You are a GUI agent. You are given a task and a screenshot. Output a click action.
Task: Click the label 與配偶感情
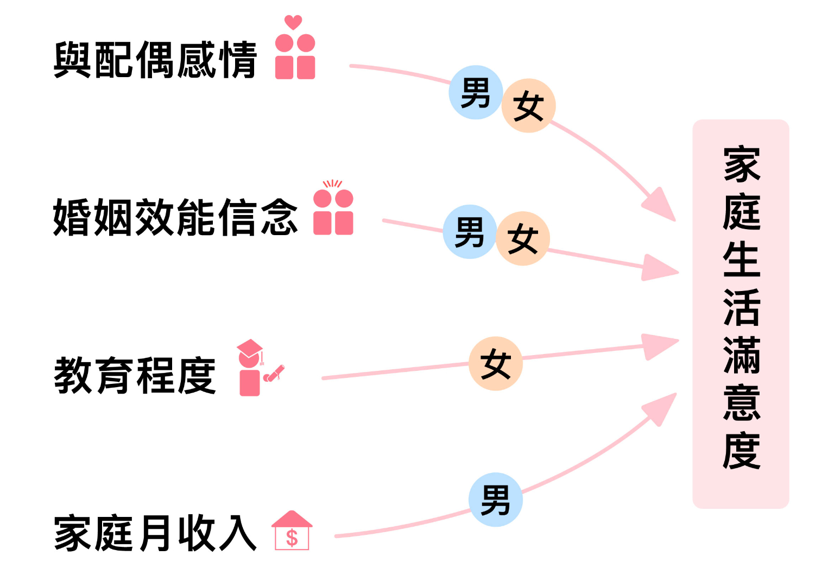155,60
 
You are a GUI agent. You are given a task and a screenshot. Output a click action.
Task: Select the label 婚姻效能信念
175,217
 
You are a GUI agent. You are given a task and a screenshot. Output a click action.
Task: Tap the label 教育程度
135,375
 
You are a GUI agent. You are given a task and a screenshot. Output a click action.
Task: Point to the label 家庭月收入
155,533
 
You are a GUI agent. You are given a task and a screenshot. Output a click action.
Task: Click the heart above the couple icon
293,22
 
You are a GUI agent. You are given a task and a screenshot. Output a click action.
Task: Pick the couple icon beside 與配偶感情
295,57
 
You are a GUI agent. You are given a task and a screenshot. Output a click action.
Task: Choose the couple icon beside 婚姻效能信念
333,212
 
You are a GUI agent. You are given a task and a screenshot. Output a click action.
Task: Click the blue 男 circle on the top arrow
476,93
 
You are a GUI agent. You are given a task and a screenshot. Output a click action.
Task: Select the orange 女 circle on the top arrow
528,106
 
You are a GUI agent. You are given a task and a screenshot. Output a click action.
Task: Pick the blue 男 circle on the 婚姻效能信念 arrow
470,232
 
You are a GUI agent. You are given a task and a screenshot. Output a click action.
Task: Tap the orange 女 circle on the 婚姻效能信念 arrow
523,239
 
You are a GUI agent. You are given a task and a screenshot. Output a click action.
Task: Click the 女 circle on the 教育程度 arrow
496,364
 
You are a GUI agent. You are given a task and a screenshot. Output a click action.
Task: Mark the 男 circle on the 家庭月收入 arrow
496,500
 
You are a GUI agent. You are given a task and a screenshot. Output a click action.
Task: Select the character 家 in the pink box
742,164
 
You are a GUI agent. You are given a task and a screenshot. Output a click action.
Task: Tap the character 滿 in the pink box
742,355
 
